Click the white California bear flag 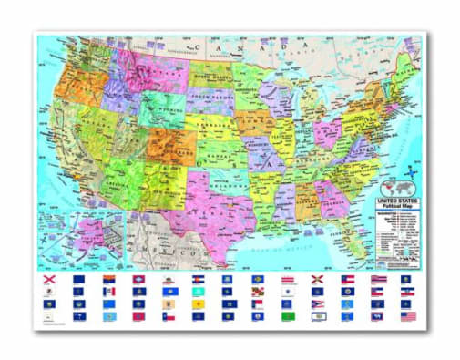[169, 279]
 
